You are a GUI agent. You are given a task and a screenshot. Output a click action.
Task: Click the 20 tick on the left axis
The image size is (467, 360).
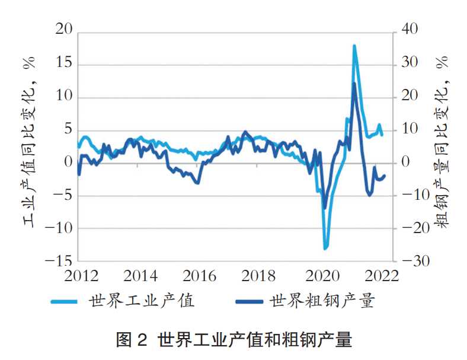(x=63, y=30)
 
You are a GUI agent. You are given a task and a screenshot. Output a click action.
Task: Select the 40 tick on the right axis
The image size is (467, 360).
(x=411, y=30)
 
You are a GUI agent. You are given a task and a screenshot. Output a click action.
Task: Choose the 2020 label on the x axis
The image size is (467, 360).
(x=321, y=276)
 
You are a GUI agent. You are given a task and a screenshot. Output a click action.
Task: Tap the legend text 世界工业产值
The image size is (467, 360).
(x=142, y=301)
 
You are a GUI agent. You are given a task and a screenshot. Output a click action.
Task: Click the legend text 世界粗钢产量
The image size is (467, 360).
(x=322, y=301)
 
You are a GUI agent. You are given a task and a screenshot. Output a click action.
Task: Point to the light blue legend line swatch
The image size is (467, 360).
(x=66, y=302)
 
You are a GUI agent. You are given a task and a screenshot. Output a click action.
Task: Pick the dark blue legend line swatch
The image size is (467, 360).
(x=248, y=302)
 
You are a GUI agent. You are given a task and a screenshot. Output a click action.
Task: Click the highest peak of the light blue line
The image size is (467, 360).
(x=354, y=46)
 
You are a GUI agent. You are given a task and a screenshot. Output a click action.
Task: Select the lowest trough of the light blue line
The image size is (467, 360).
(x=325, y=248)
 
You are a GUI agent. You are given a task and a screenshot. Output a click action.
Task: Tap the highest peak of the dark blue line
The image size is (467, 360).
(x=354, y=83)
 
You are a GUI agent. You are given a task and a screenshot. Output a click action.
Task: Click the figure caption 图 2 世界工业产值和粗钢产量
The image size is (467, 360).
(x=234, y=340)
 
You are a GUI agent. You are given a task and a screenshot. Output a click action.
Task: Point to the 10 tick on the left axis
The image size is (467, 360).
(x=63, y=97)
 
